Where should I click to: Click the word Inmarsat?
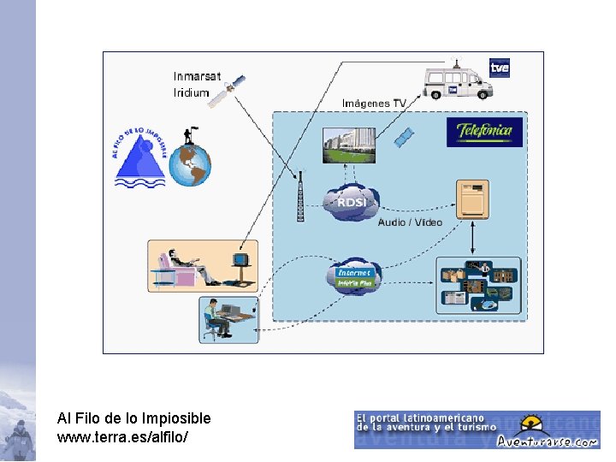pos(197,76)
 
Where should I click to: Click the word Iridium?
pos(191,92)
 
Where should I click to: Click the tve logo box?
pos(500,68)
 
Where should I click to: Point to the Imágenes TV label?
pos(374,103)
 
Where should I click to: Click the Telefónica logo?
pos(484,131)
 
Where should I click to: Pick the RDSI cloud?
pos(352,203)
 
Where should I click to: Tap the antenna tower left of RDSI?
pos(300,196)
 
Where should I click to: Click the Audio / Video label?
pos(410,222)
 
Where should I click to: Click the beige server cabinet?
pos(472,199)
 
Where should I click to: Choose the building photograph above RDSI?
pos(348,144)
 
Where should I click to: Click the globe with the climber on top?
pos(190,162)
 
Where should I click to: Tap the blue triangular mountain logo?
pos(141,158)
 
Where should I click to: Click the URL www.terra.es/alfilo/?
pos(123,436)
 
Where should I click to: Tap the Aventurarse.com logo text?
pos(560,441)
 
